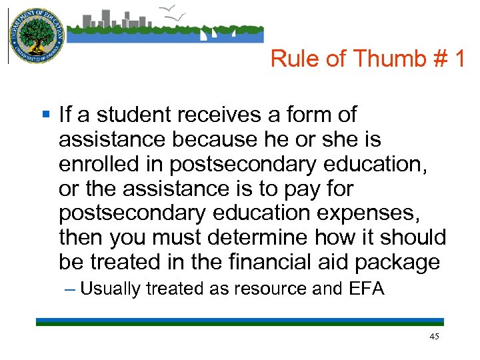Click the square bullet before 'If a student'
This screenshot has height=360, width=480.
coord(45,115)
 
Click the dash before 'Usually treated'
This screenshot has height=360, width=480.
coord(71,289)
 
